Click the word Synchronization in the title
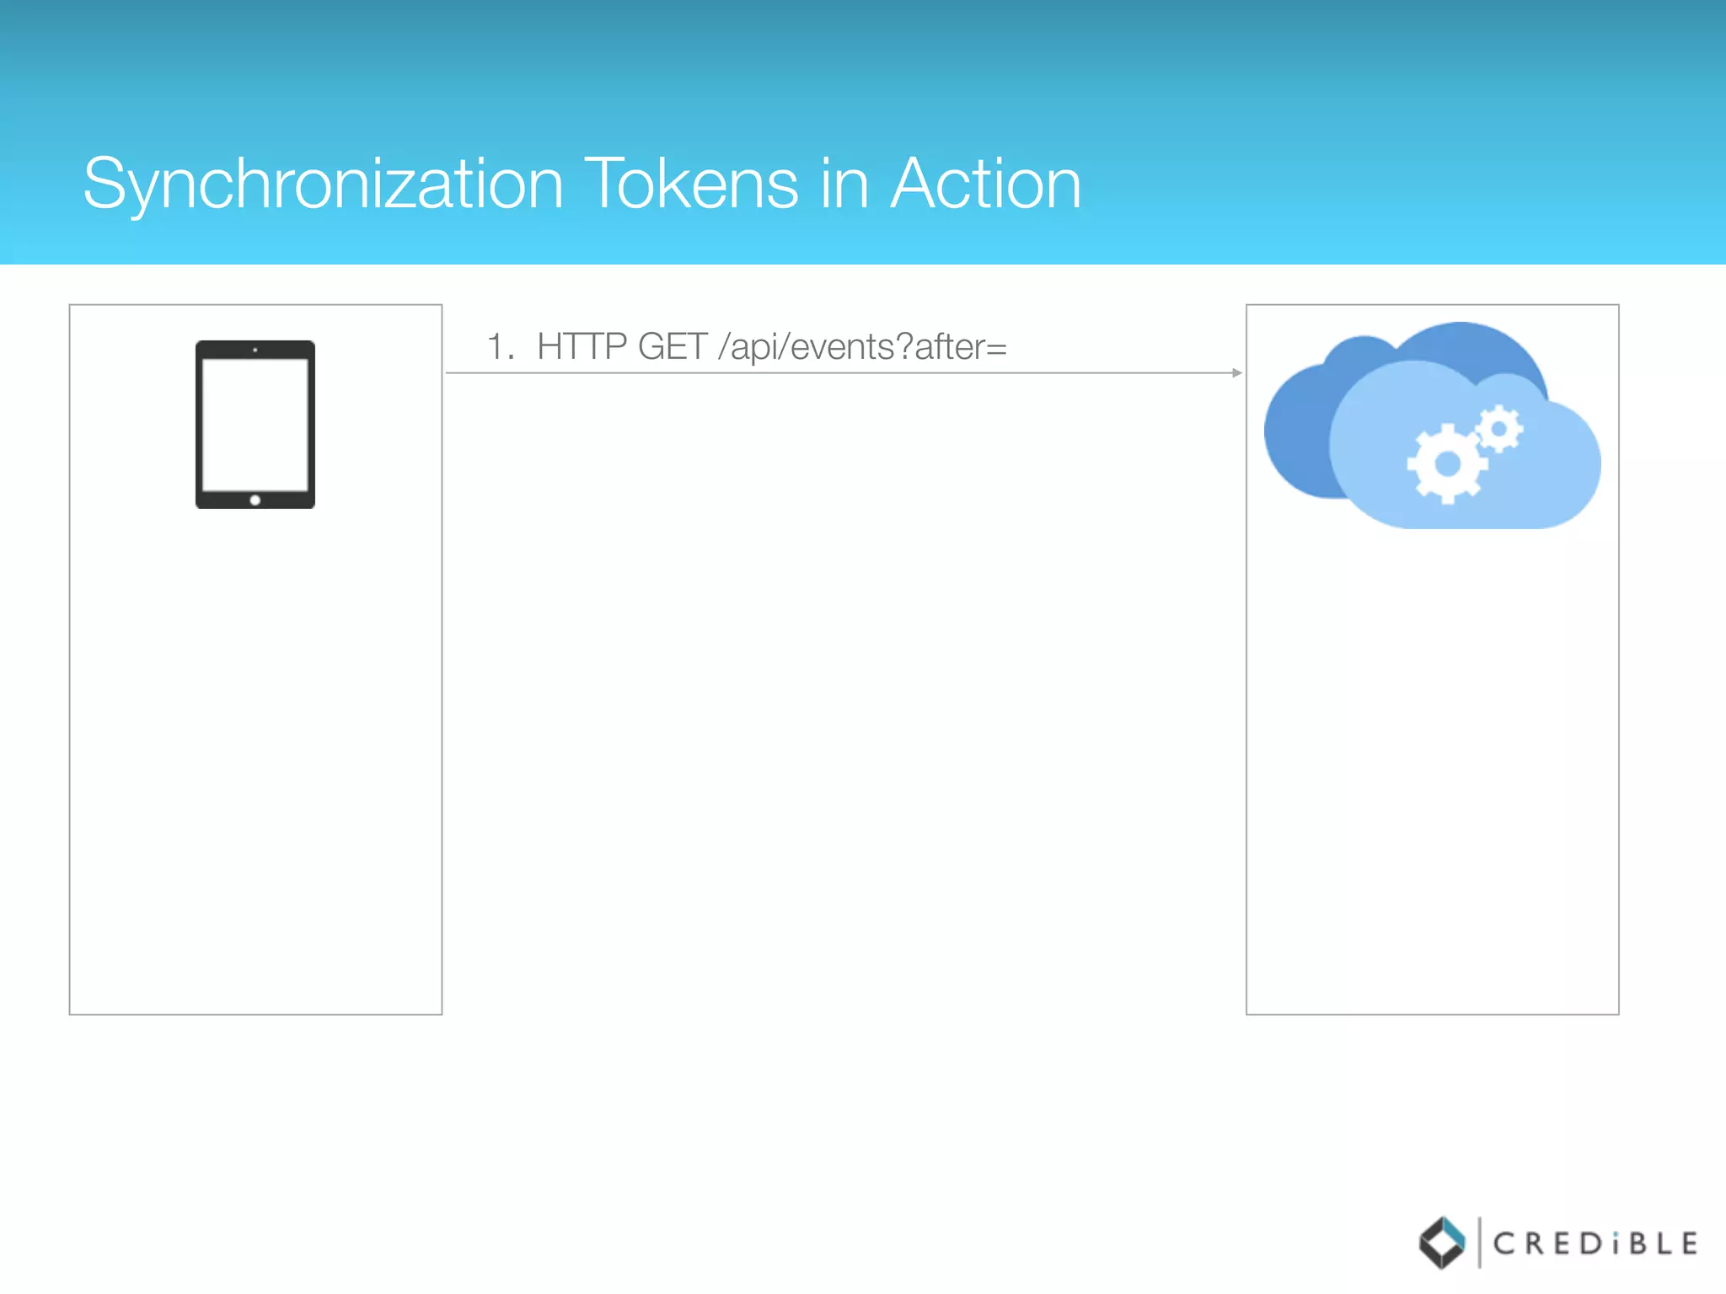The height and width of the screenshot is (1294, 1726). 323,184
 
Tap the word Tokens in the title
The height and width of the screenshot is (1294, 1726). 691,184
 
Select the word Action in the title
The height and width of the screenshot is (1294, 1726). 985,184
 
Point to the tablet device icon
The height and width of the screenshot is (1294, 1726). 255,424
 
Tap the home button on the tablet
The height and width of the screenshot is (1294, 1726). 255,500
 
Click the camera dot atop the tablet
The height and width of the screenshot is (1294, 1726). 255,350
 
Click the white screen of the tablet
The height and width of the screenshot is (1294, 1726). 255,424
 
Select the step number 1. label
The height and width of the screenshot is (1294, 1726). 501,347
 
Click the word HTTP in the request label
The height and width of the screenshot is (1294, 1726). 582,347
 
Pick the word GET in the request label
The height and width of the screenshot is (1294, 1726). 672,347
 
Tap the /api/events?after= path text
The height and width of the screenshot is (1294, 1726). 862,347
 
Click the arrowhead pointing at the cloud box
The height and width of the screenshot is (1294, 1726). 1236,372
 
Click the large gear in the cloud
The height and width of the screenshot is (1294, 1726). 1446,463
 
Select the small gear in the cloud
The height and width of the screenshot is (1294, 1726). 1499,429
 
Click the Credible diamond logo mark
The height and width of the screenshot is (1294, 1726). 1442,1243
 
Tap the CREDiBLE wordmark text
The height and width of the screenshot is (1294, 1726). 1595,1243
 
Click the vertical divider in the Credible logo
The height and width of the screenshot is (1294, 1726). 1479,1243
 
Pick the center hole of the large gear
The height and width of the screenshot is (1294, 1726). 1447,463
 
